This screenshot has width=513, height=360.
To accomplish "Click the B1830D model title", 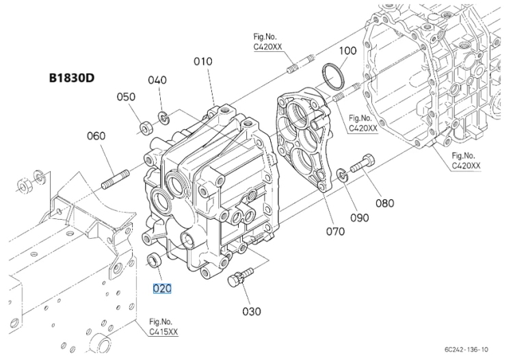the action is tap(72, 78).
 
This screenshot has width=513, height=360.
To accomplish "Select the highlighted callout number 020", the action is tap(162, 288).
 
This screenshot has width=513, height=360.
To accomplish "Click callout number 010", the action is tap(203, 61).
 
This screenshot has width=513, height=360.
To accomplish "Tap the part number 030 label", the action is tap(252, 311).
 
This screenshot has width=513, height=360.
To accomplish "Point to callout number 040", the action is tap(157, 80).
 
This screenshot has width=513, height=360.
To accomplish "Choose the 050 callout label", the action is tap(126, 97).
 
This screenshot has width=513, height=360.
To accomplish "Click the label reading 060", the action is tap(96, 136).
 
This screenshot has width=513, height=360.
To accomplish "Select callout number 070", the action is tap(335, 232).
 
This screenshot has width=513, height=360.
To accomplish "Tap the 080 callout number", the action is tap(384, 203).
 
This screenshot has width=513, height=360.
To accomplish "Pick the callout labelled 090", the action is tap(360, 218).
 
